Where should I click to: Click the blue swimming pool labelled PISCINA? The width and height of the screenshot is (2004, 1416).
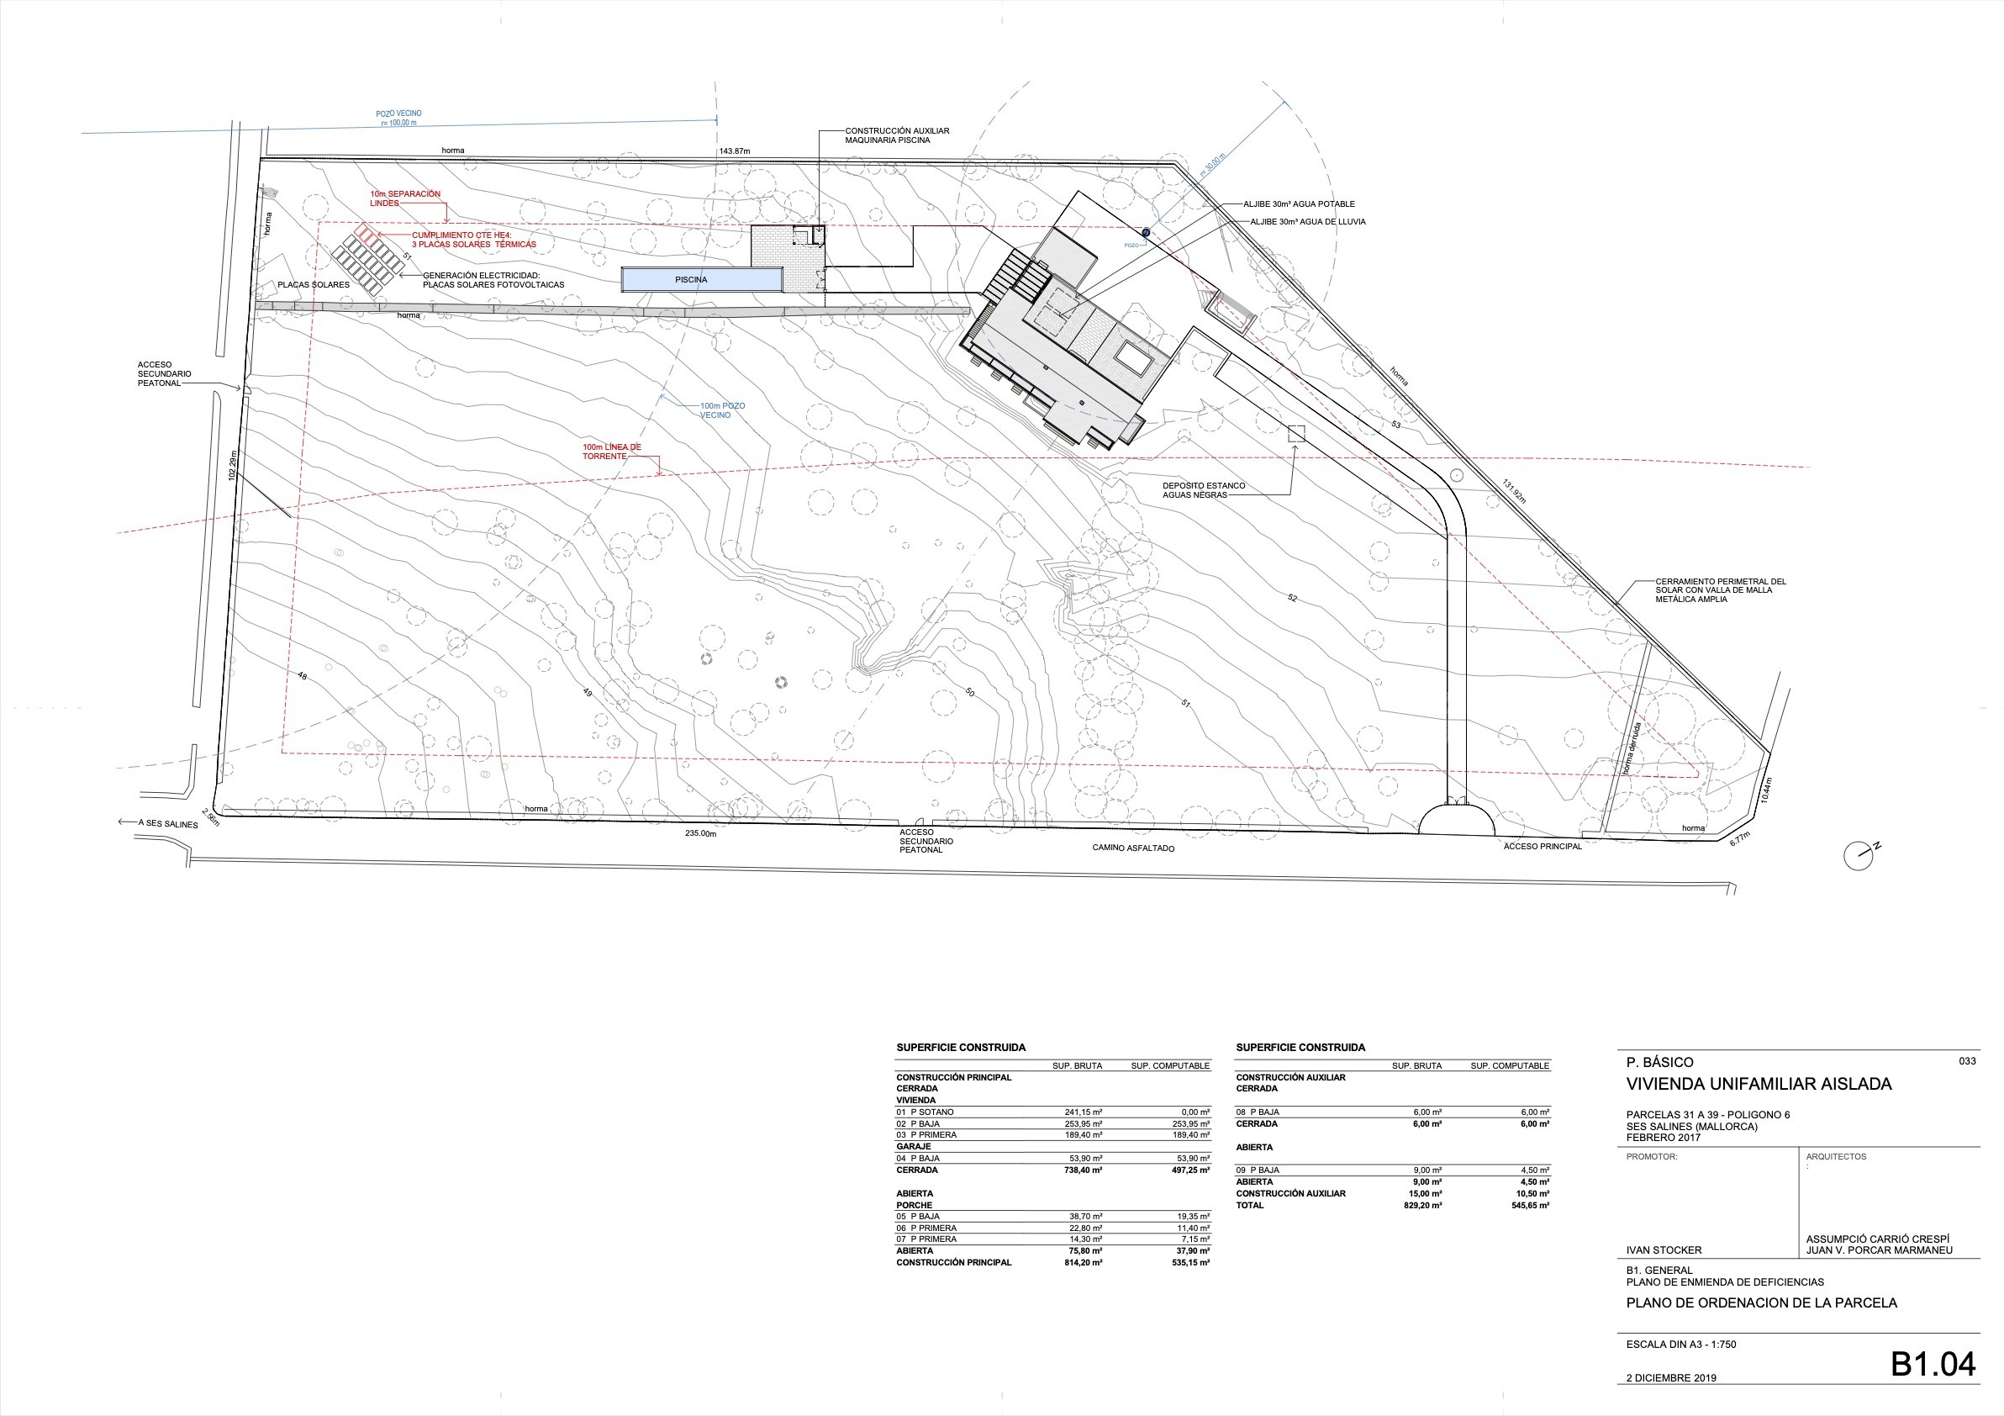[x=701, y=279]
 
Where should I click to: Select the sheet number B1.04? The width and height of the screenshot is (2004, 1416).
[x=1933, y=1364]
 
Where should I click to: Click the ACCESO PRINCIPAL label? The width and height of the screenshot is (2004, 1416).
[x=1543, y=846]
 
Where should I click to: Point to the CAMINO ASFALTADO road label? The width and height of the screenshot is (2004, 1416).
[x=1133, y=848]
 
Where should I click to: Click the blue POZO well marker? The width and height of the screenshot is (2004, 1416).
[x=1146, y=232]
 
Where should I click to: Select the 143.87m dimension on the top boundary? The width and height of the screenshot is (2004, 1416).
[x=734, y=151]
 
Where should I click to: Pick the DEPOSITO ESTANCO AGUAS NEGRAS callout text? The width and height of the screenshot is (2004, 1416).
[x=1204, y=489]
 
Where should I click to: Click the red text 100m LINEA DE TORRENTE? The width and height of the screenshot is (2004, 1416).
[x=612, y=452]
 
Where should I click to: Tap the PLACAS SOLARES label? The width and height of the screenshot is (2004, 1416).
[x=314, y=284]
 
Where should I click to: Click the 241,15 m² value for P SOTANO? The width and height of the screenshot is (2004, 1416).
[x=1084, y=1112]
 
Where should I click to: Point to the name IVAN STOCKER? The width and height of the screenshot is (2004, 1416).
[x=1664, y=1250]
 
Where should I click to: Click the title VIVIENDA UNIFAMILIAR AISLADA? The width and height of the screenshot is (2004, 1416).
[x=1759, y=1084]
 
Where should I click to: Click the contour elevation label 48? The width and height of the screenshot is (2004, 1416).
[x=302, y=676]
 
